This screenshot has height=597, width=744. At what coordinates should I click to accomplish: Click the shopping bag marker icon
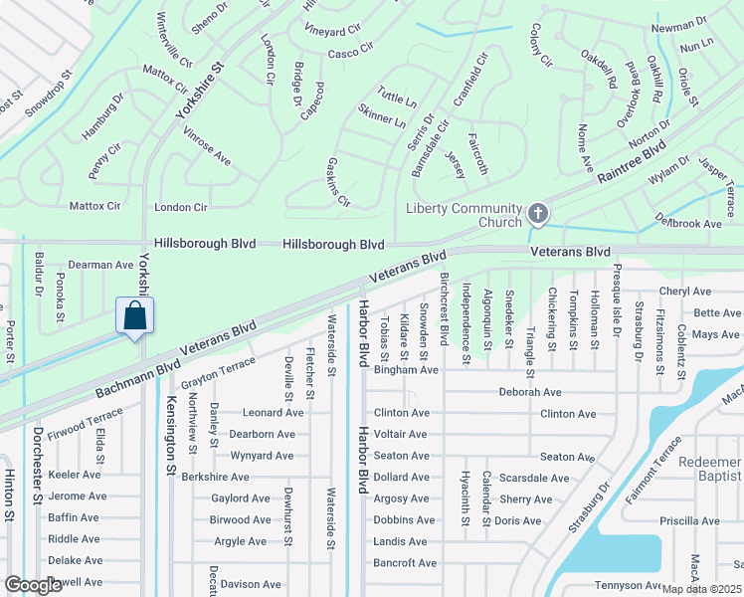[134, 316]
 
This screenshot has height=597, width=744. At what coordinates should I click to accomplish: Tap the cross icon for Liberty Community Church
[538, 214]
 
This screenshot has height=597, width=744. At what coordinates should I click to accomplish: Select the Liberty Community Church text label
[465, 215]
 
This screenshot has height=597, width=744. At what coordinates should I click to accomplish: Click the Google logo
[33, 585]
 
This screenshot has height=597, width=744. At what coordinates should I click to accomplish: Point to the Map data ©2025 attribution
[702, 589]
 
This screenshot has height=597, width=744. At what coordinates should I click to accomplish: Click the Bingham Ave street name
[405, 370]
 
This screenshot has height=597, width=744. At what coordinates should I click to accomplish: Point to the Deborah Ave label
[530, 392]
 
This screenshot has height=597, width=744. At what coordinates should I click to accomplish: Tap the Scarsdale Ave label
[534, 478]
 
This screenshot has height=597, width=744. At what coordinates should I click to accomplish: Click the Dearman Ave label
[100, 265]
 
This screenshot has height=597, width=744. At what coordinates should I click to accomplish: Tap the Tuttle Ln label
[397, 99]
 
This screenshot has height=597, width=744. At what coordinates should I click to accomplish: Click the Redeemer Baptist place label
[710, 471]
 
